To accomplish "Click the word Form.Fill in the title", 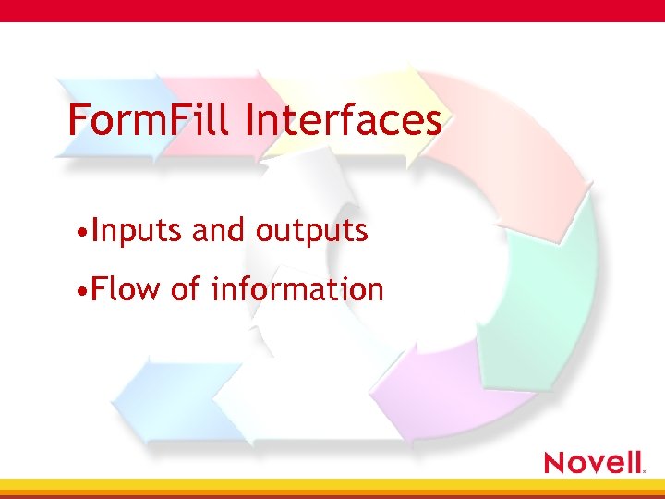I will click(148, 121).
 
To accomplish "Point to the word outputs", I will click(312, 231).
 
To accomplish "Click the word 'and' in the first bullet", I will click(219, 231).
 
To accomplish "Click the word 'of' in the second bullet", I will click(185, 290).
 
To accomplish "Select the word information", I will click(296, 290).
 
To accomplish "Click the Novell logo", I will click(594, 461).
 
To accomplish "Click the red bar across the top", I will click(332, 10).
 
